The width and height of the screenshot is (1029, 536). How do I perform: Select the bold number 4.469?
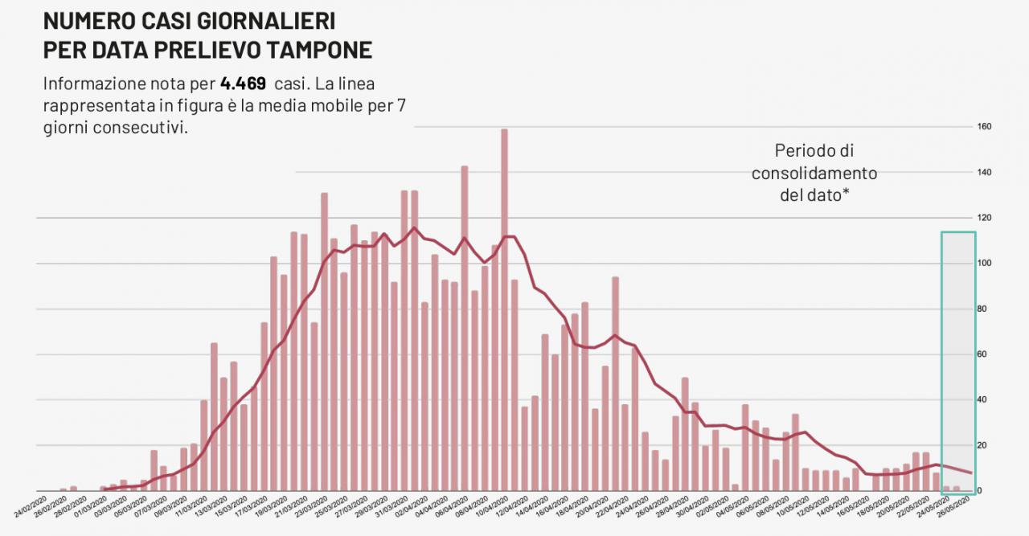pos(243,84)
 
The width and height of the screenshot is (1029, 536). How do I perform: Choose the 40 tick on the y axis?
pos(982,400)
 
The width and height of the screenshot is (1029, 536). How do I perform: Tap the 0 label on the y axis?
pos(979,491)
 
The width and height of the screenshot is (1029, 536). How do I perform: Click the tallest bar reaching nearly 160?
pos(504,309)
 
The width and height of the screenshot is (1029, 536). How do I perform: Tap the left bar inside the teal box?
pos(946,489)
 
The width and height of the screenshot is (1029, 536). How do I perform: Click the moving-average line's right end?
pos(972,473)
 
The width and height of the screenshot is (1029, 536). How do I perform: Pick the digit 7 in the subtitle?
pos(400,106)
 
